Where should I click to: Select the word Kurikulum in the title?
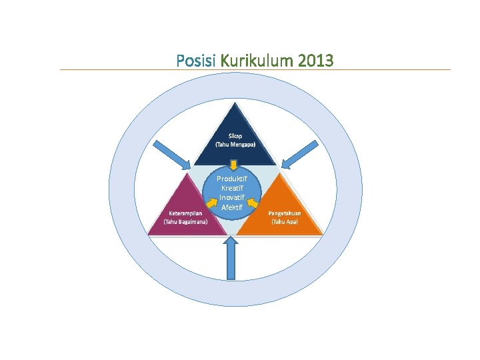pos(256,61)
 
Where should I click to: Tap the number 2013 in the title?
pos(317,61)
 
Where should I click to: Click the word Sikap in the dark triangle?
pos(235,135)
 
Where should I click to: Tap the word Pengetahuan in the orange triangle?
pos(285,213)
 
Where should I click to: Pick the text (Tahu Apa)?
pos(285,222)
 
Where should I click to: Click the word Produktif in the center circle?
pos(233,179)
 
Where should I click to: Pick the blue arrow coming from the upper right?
pos(298,155)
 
